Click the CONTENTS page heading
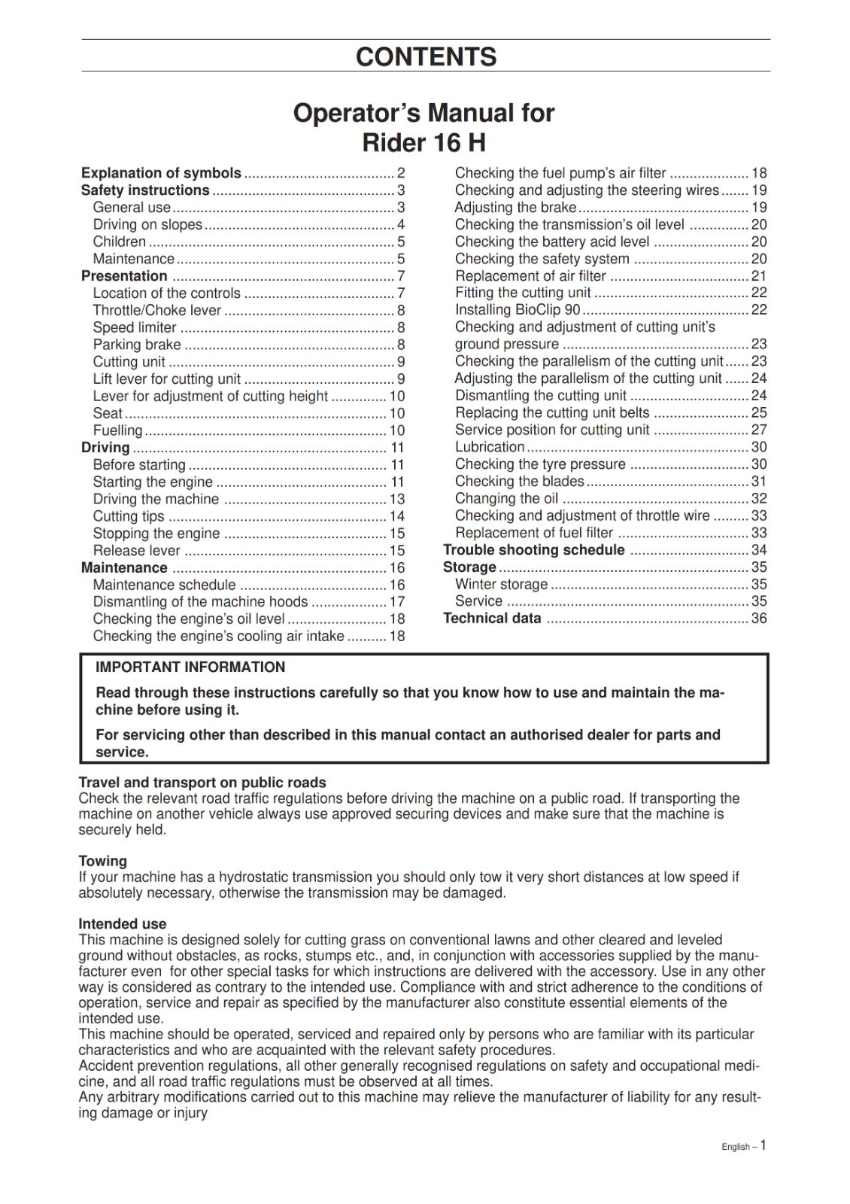(x=426, y=56)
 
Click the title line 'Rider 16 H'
(x=423, y=141)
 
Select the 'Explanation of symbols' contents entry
(x=161, y=173)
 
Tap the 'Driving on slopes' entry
(x=147, y=224)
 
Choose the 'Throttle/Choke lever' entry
(x=156, y=310)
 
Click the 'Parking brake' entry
(x=137, y=345)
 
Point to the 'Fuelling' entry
(x=117, y=430)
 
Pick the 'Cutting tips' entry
(x=129, y=516)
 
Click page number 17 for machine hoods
(x=397, y=602)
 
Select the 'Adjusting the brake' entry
(x=515, y=207)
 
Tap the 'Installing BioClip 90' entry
(x=518, y=310)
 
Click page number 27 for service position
(x=759, y=430)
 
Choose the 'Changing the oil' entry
(x=506, y=498)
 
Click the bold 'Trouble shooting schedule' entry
(x=533, y=550)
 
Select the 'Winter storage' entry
(x=501, y=584)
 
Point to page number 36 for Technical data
(x=759, y=619)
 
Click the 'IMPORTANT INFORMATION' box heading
(x=190, y=667)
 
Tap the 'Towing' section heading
(x=103, y=861)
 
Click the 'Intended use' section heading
(x=123, y=923)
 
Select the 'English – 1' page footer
(x=743, y=1146)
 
